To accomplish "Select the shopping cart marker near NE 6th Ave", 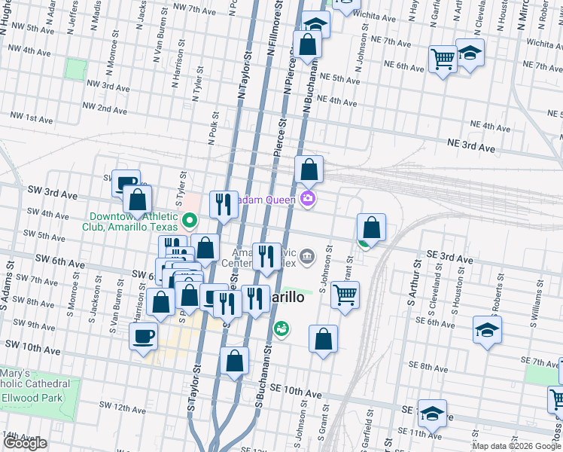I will point(443,59).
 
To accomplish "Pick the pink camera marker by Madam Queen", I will point(307,199).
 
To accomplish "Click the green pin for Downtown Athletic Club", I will point(190,221).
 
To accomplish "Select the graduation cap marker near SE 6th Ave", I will point(487,330).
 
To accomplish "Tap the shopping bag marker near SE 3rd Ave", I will point(371,227).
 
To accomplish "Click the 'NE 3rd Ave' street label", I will point(471,145).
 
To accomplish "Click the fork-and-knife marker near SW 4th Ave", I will point(224,204).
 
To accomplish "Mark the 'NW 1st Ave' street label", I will point(30,118).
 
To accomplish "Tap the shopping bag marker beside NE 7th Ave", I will point(307,45).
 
